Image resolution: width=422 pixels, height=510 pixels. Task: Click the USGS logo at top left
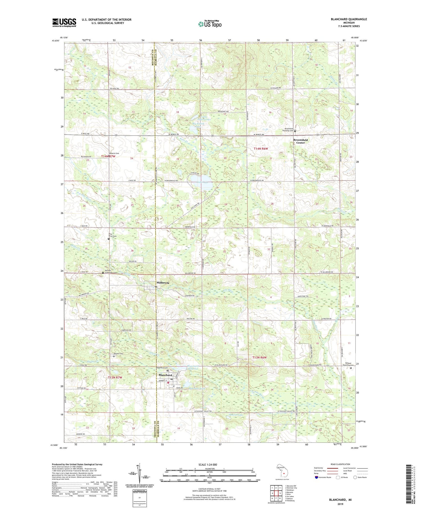coord(64,23)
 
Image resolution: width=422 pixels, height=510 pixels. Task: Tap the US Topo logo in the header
coord(210,24)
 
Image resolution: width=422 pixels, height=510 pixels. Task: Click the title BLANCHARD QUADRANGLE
coord(349,19)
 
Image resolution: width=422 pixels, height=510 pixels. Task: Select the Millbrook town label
coord(163,282)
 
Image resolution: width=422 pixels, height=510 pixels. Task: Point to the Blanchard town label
coord(165,375)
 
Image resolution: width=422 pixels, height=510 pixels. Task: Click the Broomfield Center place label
coord(300,141)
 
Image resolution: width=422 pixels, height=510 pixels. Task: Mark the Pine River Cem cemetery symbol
coord(109,239)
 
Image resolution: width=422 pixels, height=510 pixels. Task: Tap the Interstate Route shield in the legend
coord(316,477)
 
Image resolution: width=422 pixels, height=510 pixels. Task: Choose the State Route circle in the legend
coord(355,477)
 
